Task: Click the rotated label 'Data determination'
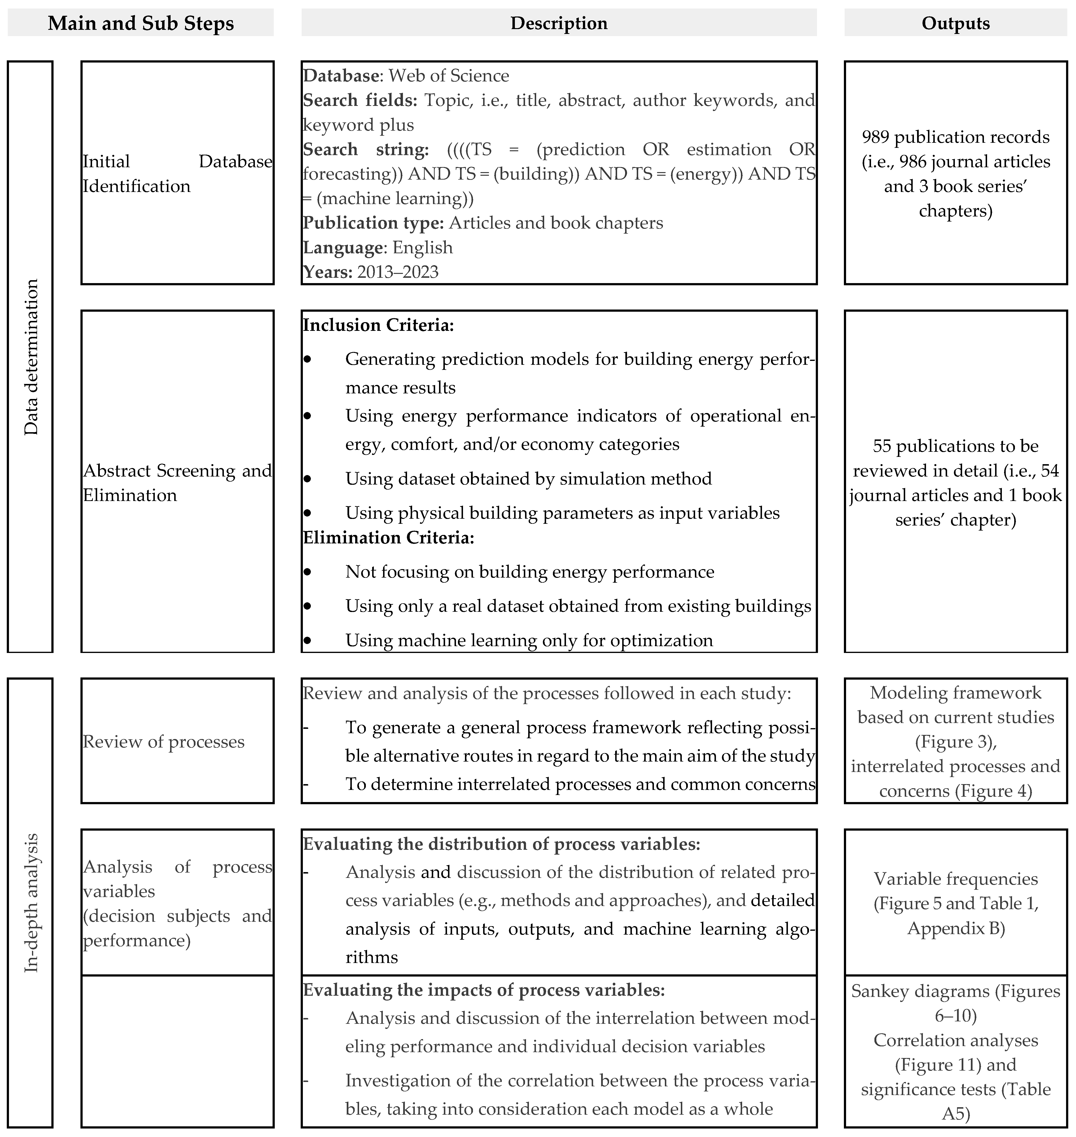click(x=31, y=357)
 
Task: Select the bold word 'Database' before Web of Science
click(x=341, y=76)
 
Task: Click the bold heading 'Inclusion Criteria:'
click(x=378, y=325)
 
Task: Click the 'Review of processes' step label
click(x=164, y=742)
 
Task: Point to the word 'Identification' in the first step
click(x=136, y=186)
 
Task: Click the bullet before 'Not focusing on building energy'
click(x=307, y=572)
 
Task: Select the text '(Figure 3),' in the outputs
click(x=956, y=742)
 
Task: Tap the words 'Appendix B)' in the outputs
click(x=956, y=928)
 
